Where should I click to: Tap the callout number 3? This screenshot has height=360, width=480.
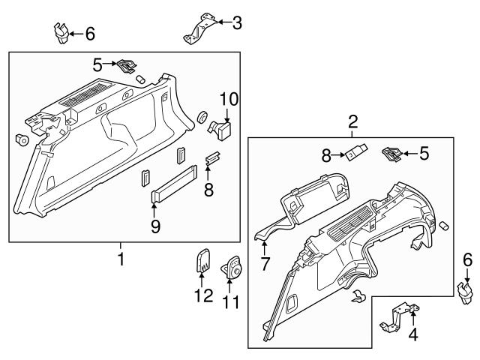click(237, 23)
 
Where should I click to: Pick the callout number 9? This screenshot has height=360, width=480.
click(156, 225)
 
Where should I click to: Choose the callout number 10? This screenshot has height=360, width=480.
click(227, 97)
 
